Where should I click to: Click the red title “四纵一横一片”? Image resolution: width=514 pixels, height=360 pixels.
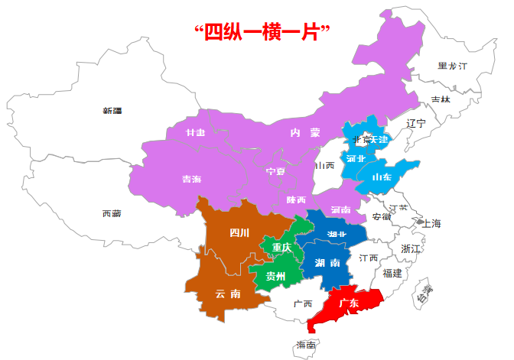point(262,32)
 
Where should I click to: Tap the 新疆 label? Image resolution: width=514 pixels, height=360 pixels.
point(112,111)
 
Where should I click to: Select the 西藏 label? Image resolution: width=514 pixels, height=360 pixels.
point(112,213)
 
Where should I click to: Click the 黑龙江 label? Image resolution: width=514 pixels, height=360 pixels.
point(452,66)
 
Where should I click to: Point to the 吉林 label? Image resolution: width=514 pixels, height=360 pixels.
point(441,99)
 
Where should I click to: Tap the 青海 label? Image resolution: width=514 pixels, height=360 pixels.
point(191,179)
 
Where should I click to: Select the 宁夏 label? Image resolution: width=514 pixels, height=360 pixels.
point(275,171)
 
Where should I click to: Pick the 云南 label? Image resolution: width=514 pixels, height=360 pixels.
point(228,293)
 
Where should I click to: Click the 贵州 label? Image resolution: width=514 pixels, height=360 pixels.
point(275,276)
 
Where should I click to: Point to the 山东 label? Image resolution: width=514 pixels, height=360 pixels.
point(381,177)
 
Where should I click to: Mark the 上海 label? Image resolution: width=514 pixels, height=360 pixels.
point(431,224)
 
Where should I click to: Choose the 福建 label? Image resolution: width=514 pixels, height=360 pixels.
point(392,273)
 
